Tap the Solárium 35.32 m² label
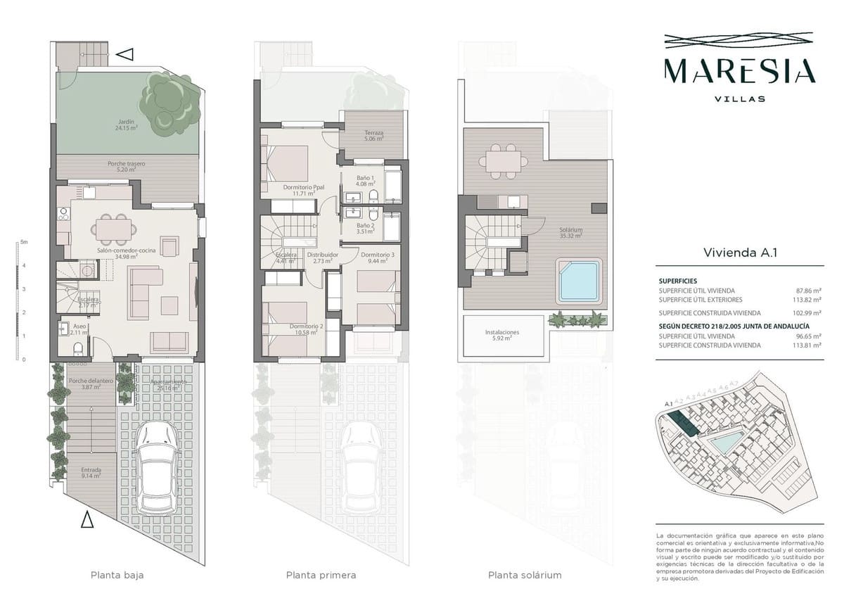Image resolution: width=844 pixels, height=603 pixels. point(570,233)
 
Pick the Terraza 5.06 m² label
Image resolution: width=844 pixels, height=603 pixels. point(373,136)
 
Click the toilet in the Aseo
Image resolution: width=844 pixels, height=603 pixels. point(79,348)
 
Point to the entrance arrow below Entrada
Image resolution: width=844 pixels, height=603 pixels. point(87,519)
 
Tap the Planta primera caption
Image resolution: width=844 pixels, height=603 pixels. point(321,575)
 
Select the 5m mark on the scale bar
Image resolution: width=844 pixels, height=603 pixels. point(23,242)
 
